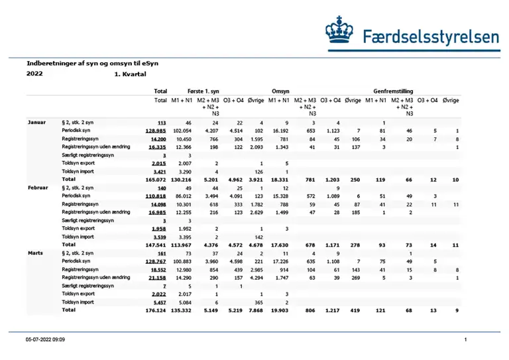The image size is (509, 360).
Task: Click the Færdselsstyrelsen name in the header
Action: pos(431,36)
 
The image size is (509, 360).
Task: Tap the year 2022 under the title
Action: pos(35,74)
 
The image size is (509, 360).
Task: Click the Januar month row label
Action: pos(36,123)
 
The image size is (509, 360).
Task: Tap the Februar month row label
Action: pos(38,188)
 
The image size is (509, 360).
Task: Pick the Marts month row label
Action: pos(35,254)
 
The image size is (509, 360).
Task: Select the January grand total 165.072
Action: pos(154,179)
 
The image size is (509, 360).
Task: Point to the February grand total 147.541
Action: pos(154,245)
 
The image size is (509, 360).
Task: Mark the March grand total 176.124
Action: pos(154,310)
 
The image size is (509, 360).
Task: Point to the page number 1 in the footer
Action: pos(466,339)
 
